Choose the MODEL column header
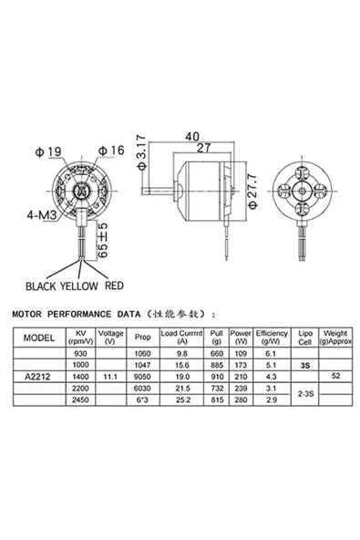38,337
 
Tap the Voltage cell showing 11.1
110,376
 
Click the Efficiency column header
272,337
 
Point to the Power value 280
241,400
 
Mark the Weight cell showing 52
336,376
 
